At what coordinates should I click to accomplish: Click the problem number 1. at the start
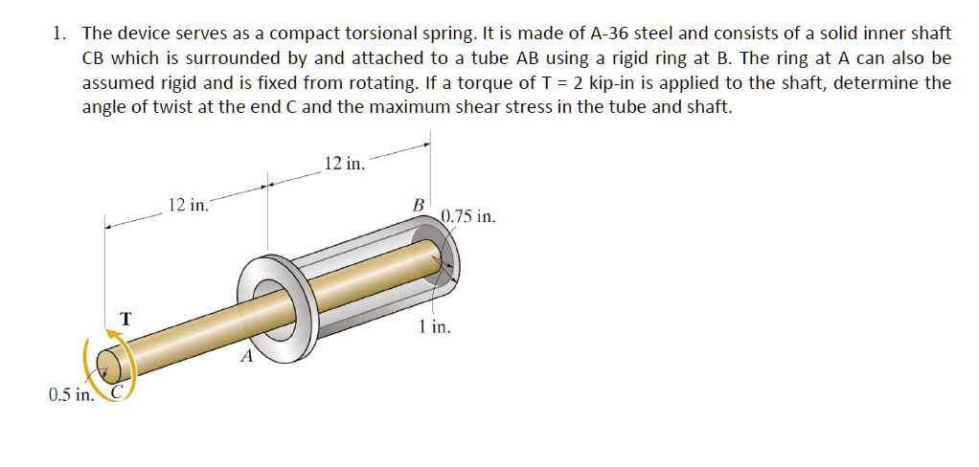point(59,34)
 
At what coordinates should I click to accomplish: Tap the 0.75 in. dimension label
point(469,217)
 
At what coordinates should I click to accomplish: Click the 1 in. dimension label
point(434,327)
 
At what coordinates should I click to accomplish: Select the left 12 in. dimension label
point(186,206)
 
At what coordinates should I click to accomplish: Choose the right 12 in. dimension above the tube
point(344,165)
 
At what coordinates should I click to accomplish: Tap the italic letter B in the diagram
point(417,205)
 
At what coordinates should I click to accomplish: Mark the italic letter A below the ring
point(246,357)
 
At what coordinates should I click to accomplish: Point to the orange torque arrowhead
point(116,329)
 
